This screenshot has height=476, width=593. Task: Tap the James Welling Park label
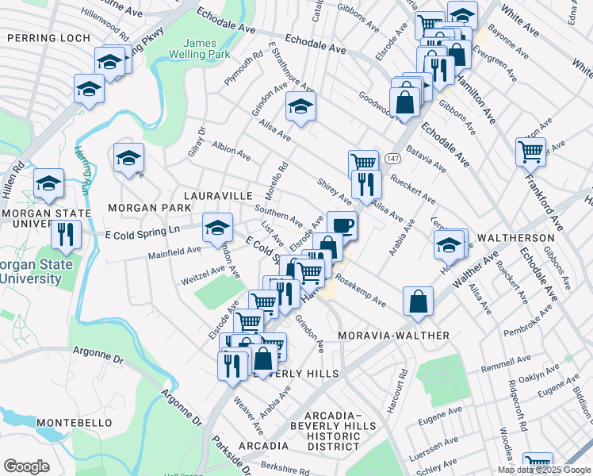click(205, 49)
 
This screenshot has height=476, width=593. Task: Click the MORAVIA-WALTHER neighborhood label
click(393, 336)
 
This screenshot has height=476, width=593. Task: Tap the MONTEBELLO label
click(75, 423)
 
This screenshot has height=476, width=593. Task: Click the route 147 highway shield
click(392, 159)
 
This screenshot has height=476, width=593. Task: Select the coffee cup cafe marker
click(342, 225)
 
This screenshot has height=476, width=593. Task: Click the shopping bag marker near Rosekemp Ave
click(418, 301)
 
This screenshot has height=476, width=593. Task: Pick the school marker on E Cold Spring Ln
click(217, 228)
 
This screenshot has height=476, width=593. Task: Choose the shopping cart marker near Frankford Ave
click(530, 150)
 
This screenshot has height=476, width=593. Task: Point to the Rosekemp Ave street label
click(360, 290)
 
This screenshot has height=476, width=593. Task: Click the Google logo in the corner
click(27, 466)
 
